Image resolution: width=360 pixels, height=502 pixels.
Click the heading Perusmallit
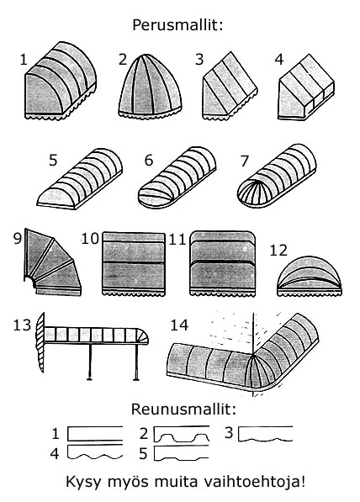pyautogui.click(x=177, y=25)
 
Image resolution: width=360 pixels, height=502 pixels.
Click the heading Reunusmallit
pyautogui.click(x=183, y=410)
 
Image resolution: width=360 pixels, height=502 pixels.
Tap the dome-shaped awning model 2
pyautogui.click(x=150, y=87)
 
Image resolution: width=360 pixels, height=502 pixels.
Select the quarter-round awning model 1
pyautogui.click(x=61, y=82)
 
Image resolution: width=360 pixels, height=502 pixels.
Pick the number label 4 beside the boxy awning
pyautogui.click(x=279, y=60)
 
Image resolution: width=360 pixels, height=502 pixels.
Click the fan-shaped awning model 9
pyautogui.click(x=52, y=262)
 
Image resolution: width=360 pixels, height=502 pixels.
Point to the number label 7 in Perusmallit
pyautogui.click(x=245, y=161)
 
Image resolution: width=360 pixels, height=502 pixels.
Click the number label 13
pyautogui.click(x=22, y=325)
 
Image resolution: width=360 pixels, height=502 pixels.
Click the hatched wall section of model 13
pyautogui.click(x=40, y=342)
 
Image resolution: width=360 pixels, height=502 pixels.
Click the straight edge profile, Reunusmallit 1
pyautogui.click(x=95, y=434)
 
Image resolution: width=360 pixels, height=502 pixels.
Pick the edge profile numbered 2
pyautogui.click(x=182, y=434)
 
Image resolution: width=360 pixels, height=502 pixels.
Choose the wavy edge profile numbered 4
pyautogui.click(x=95, y=452)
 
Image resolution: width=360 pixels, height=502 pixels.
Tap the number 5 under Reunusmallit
pyautogui.click(x=144, y=454)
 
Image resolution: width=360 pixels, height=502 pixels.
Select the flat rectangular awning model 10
pyautogui.click(x=133, y=264)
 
